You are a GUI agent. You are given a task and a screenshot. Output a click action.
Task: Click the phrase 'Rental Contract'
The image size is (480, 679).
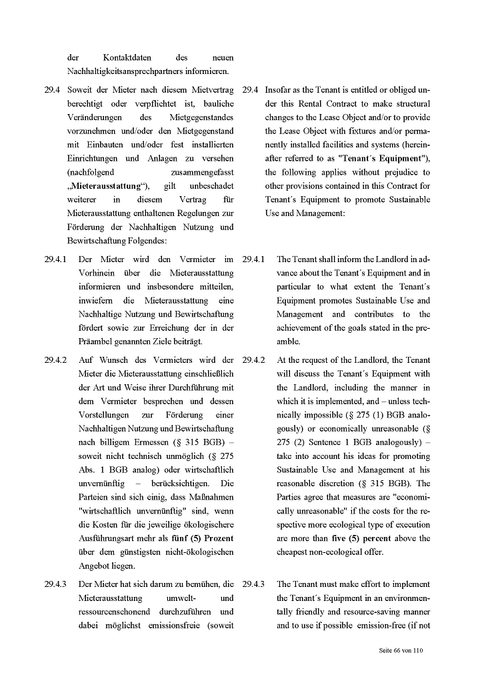331,104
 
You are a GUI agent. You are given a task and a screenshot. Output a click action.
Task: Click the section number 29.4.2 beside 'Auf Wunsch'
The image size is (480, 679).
56,360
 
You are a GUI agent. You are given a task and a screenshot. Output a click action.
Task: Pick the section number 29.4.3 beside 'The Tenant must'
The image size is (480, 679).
253,584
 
